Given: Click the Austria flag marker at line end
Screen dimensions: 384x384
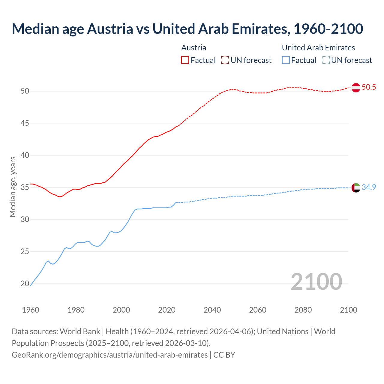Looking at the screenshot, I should (x=356, y=88).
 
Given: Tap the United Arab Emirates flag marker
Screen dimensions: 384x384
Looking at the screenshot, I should (x=356, y=187).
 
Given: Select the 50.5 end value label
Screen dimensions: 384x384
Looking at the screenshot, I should (x=369, y=87).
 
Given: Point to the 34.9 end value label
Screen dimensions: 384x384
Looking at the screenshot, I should (x=369, y=187).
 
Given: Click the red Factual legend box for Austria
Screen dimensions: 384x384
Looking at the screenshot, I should (x=185, y=60).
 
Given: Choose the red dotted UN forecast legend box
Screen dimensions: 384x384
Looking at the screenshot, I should (x=225, y=60).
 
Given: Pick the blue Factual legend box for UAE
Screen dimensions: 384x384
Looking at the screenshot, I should (x=286, y=60).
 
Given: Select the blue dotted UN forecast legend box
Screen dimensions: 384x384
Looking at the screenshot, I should (x=325, y=60).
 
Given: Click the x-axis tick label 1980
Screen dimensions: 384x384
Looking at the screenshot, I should (x=76, y=310).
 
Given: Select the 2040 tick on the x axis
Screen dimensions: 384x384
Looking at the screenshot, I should (x=212, y=310).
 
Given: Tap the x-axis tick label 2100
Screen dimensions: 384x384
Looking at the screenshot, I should (x=348, y=310).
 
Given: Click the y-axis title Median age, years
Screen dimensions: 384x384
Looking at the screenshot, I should (x=13, y=187).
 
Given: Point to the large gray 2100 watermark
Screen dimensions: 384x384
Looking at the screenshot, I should (x=316, y=281).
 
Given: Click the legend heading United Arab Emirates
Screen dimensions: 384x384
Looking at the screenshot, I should (x=318, y=48).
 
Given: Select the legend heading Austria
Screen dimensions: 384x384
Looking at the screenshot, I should (x=194, y=48).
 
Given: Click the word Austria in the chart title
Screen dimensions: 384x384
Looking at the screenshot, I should (x=110, y=29).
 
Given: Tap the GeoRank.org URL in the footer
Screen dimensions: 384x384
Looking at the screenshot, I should (x=109, y=355).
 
